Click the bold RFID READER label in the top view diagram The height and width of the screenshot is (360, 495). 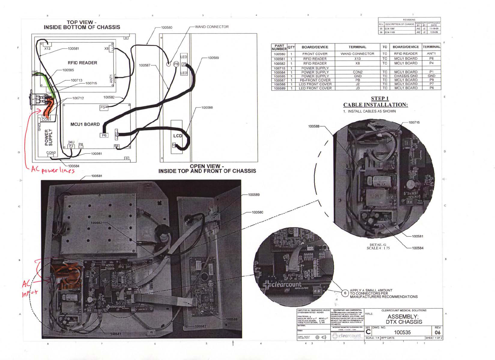(x=82, y=63)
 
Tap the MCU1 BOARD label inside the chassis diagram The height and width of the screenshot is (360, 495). (x=85, y=124)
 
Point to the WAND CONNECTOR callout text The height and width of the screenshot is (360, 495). (x=212, y=27)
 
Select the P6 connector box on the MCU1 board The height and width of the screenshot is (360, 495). (x=104, y=135)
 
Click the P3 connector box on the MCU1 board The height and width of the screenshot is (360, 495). (x=104, y=107)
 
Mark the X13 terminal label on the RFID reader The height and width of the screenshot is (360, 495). (x=47, y=49)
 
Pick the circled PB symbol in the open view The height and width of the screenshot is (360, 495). (x=176, y=64)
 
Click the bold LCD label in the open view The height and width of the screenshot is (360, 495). (x=177, y=136)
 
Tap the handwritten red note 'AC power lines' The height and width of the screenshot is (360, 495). (x=53, y=170)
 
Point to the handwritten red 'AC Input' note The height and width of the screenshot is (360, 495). (x=30, y=288)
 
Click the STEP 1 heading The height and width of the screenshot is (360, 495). (x=380, y=98)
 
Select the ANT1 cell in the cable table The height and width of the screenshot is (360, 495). (x=431, y=54)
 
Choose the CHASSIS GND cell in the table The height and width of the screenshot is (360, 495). (x=406, y=76)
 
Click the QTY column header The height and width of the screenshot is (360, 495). (x=291, y=47)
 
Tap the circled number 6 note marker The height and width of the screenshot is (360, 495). (x=345, y=293)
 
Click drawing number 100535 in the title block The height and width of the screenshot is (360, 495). (x=402, y=332)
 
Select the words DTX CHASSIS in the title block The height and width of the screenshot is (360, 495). (x=404, y=322)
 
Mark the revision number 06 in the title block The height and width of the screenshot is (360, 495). (x=437, y=332)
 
